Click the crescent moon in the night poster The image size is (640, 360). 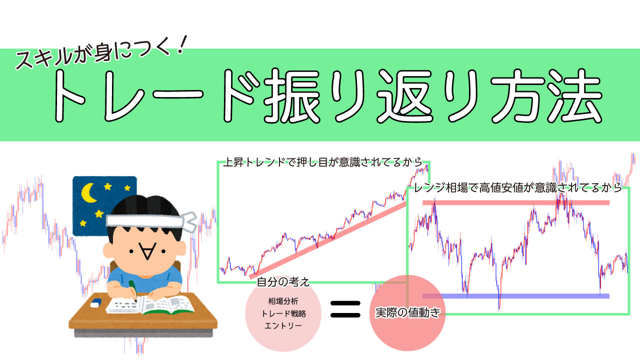point(89,192)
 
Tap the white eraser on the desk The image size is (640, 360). point(95,302)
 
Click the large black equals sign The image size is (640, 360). point(345,308)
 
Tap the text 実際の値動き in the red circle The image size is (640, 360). point(407,313)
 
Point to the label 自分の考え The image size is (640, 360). point(283,282)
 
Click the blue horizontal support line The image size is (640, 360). point(515,296)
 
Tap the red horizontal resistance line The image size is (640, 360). point(515,202)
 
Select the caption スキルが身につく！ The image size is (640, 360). point(100,55)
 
